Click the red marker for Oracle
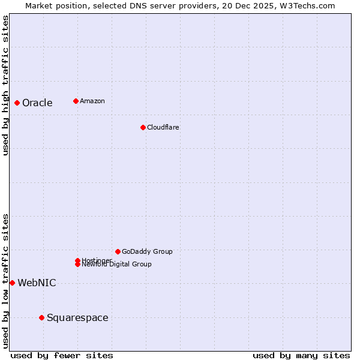click(x=17, y=103)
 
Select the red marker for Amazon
click(x=76, y=101)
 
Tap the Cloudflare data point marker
click(x=143, y=127)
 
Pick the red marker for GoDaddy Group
click(x=118, y=251)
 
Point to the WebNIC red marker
click(x=12, y=283)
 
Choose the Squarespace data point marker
click(x=41, y=317)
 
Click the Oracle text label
click(x=37, y=103)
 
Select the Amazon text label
click(x=92, y=101)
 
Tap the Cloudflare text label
click(x=163, y=127)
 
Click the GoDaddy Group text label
click(x=147, y=251)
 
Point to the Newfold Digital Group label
click(x=116, y=265)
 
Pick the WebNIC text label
click(x=37, y=283)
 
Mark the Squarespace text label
click(x=77, y=318)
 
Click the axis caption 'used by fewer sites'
click(x=62, y=356)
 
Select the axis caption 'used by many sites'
click(x=301, y=356)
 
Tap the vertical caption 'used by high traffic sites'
click(x=5, y=85)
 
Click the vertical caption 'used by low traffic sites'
click(x=5, y=281)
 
